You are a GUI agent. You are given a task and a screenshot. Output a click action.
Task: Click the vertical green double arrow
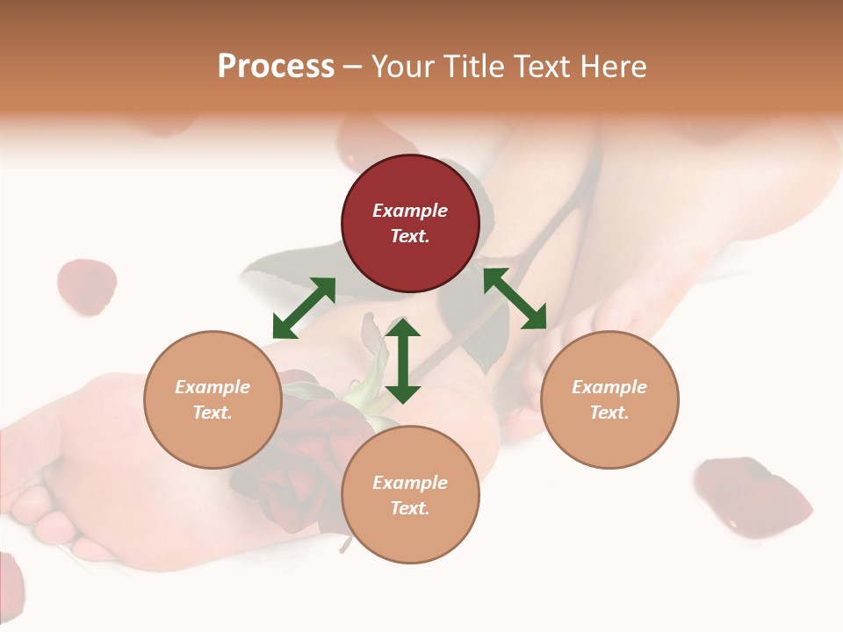point(403,361)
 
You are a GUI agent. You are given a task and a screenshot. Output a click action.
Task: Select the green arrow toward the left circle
point(304,308)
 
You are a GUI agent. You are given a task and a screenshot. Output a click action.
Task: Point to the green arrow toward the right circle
point(515,298)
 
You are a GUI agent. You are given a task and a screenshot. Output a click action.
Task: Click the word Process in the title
point(276,67)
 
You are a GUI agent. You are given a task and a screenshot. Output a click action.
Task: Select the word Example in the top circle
point(410,211)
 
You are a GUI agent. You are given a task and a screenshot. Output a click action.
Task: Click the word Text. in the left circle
point(213,413)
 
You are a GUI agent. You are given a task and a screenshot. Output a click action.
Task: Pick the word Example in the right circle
point(609,387)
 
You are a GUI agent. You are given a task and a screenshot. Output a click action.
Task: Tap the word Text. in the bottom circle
point(410,508)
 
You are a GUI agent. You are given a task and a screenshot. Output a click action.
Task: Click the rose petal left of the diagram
point(86,285)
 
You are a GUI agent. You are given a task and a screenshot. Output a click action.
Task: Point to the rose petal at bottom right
point(751,494)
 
